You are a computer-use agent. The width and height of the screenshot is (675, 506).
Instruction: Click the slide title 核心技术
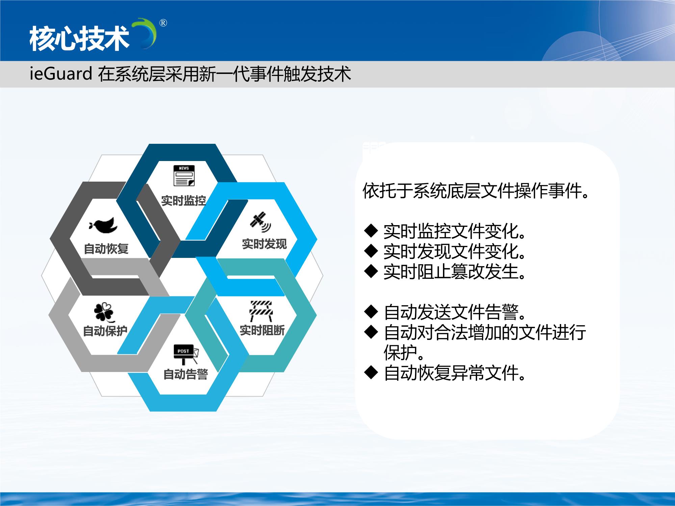79,39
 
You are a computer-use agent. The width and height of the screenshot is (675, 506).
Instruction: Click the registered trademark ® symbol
163,23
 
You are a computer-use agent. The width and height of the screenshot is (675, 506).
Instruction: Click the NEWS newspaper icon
184,176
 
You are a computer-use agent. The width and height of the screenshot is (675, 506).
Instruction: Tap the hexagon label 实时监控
183,201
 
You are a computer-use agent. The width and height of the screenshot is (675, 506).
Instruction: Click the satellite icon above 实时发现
260,222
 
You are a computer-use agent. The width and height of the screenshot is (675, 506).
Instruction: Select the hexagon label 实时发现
264,244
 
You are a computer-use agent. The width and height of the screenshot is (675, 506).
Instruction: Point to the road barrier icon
260,311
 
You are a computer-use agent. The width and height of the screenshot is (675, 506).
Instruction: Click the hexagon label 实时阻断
262,330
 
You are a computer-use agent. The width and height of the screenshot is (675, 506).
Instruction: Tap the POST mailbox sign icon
186,354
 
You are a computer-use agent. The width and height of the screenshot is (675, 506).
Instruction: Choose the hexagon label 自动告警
186,374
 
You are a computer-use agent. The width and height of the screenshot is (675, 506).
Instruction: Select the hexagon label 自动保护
105,331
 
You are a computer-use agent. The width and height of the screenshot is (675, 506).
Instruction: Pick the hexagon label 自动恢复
106,249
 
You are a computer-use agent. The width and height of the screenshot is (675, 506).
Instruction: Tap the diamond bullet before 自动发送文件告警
371,312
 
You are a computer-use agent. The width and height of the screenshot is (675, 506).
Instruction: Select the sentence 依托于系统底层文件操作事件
476,191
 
